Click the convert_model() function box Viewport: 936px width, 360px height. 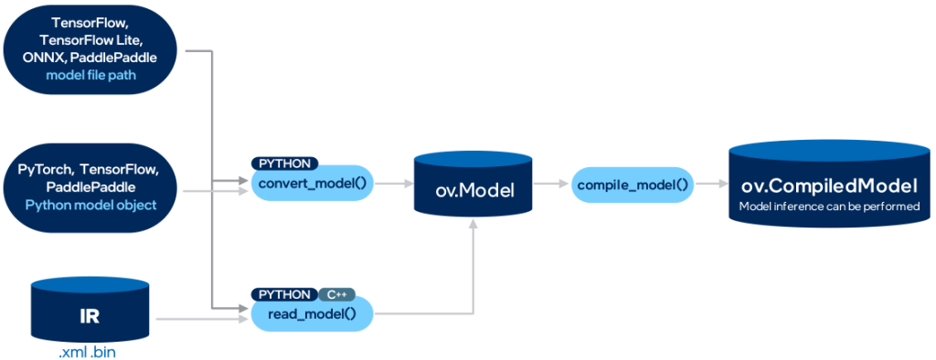coord(311,184)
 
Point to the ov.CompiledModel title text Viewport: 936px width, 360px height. coord(829,186)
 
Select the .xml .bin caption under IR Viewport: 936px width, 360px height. coord(90,351)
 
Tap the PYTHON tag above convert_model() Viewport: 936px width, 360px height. coord(284,164)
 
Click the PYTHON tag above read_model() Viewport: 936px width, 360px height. coord(284,294)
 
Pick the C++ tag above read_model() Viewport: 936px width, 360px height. coord(335,294)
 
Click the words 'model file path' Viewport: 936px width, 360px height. coord(90,75)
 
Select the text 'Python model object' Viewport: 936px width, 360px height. coord(90,205)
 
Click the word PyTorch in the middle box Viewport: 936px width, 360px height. coord(46,170)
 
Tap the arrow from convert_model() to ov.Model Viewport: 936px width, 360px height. coord(391,184)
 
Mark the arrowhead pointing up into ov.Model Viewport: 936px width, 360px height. coord(473,228)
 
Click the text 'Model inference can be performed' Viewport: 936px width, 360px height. coord(829,207)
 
